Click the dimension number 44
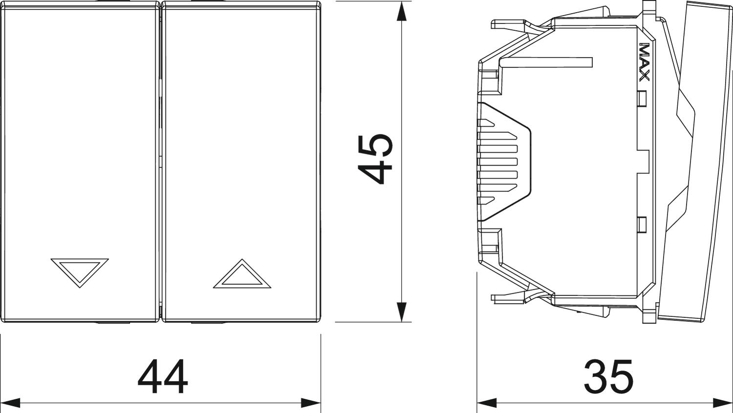(163, 377)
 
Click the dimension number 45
(375, 159)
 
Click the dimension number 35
(609, 376)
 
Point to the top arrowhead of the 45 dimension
(401, 12)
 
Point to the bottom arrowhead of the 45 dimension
(401, 311)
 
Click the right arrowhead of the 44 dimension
(311, 403)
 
